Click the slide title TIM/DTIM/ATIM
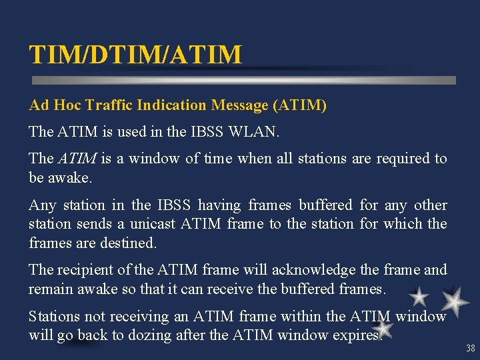135,55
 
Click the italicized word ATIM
78,159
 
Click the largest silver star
455,301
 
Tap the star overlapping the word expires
383,328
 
